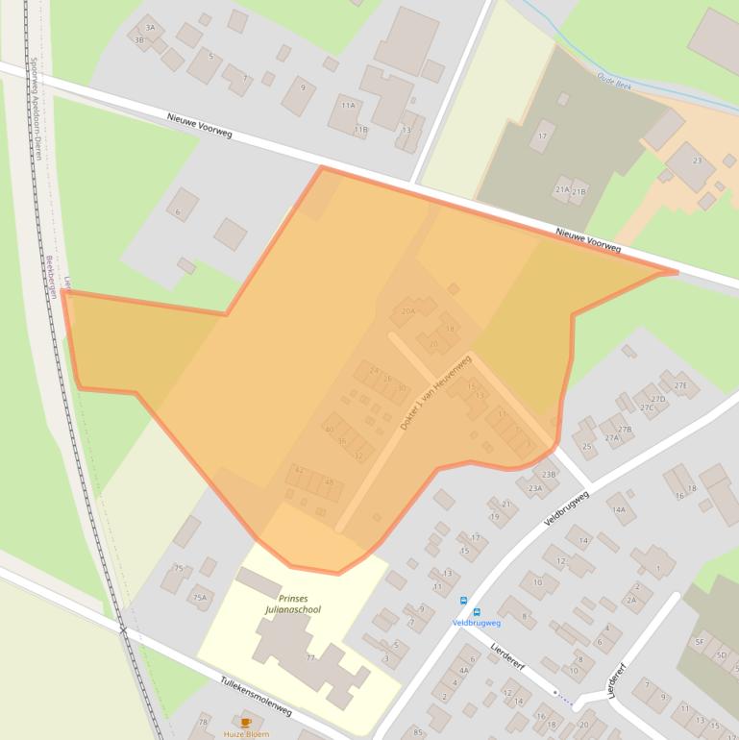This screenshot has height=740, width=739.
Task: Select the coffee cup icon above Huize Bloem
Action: pos(245,722)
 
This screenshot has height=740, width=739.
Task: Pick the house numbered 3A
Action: pos(149,28)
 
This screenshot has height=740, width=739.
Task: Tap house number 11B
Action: pos(360,129)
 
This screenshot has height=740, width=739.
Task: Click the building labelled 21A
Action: pos(562,190)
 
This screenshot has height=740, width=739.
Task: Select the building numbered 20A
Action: pos(407,311)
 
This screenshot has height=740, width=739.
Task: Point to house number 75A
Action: pos(199,598)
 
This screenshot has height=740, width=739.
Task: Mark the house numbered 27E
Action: pos(680,386)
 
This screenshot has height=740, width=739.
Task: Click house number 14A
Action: pos(618,509)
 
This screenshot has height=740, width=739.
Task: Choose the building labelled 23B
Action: pos(549,475)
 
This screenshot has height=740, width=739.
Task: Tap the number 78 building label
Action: pos(203,722)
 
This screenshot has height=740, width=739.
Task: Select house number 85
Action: pos(417,733)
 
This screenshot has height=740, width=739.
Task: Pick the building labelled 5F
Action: pos(700,641)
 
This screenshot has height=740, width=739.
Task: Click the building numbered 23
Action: pos(697,160)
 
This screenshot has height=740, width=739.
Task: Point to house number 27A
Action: pos(611,437)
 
